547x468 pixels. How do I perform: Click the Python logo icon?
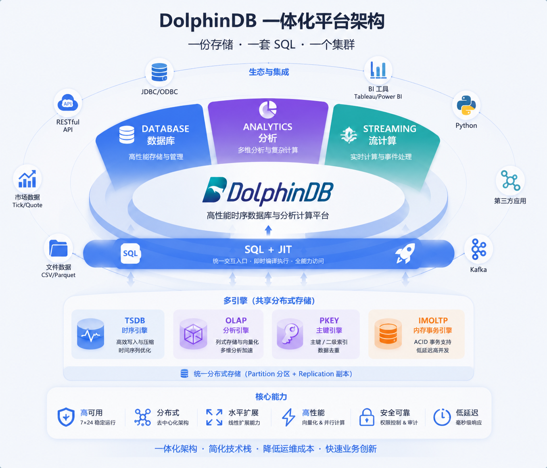[x=466, y=105]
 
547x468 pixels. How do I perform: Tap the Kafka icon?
[x=478, y=249]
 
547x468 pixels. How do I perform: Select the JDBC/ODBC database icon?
[x=159, y=72]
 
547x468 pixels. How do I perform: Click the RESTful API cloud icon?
[x=68, y=103]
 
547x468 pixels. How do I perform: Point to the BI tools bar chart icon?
[x=378, y=70]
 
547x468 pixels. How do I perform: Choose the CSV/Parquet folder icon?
[x=58, y=248]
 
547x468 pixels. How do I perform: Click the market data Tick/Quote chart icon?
[x=27, y=179]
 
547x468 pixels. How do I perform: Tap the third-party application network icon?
[x=510, y=180]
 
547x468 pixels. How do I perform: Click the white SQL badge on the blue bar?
[x=130, y=253]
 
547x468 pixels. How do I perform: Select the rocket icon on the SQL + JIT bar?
[x=405, y=253]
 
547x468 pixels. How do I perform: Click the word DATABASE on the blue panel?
[x=165, y=129]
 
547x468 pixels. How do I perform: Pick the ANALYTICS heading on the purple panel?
[x=267, y=127]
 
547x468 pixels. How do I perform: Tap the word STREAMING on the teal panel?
[x=390, y=129]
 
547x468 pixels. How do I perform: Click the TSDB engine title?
[x=135, y=321]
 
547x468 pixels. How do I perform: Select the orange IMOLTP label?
[x=433, y=321]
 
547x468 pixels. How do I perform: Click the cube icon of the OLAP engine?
[x=193, y=334]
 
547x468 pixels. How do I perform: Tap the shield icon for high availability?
[x=66, y=417]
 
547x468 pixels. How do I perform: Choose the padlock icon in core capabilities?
[x=367, y=417]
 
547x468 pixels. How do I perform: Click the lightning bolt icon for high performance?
[x=288, y=417]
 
